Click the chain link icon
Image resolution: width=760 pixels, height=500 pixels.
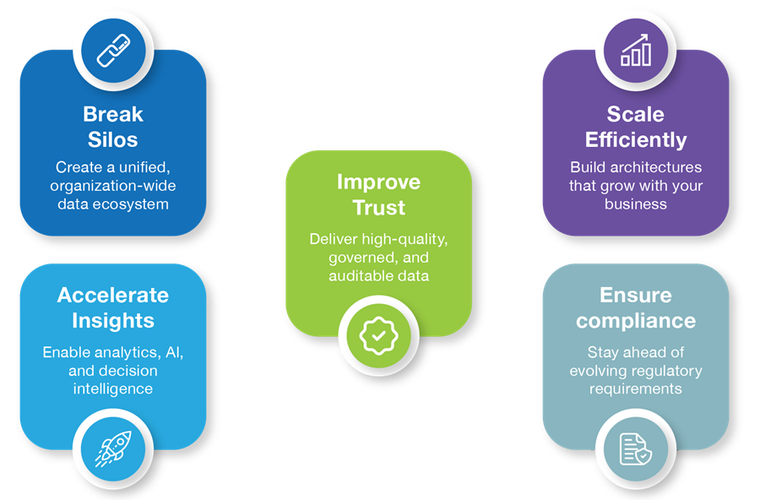pyautogui.click(x=113, y=51)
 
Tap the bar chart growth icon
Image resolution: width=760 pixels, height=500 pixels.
pyautogui.click(x=635, y=50)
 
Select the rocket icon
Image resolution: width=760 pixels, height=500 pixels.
pyautogui.click(x=113, y=448)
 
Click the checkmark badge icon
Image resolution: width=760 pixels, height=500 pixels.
pyautogui.click(x=378, y=335)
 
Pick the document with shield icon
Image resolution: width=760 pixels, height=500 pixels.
pyautogui.click(x=635, y=449)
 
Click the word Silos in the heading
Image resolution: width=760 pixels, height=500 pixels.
pyautogui.click(x=113, y=139)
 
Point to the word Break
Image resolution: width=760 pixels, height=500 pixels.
pyautogui.click(x=113, y=115)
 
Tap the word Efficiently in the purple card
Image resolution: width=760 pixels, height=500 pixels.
pyautogui.click(x=636, y=139)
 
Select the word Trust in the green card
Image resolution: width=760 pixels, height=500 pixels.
pyautogui.click(x=378, y=208)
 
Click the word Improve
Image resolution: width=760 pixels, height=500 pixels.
pyautogui.click(x=378, y=182)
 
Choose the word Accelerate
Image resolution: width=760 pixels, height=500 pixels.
pyautogui.click(x=113, y=295)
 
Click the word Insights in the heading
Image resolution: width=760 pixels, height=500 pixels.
pyautogui.click(x=113, y=321)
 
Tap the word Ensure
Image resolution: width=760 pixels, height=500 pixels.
pyautogui.click(x=635, y=295)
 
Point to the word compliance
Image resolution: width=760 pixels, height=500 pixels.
pyautogui.click(x=636, y=321)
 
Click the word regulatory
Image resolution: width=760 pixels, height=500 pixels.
pyautogui.click(x=664, y=371)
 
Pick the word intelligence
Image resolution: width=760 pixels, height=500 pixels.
pyautogui.click(x=113, y=389)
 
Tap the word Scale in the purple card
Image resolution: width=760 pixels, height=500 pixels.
pyautogui.click(x=635, y=115)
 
